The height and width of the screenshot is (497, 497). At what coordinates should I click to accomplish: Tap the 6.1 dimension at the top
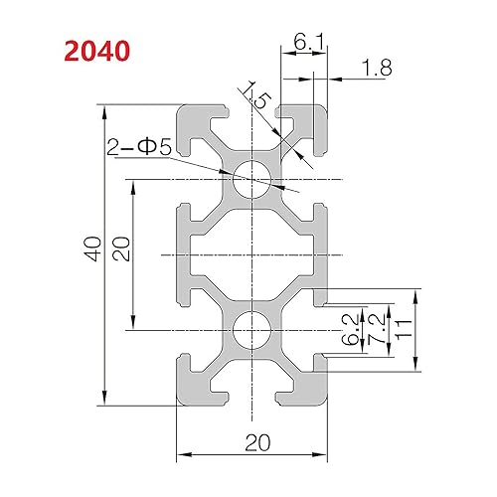(305, 42)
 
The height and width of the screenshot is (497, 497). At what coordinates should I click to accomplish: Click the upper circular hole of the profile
(252, 181)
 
